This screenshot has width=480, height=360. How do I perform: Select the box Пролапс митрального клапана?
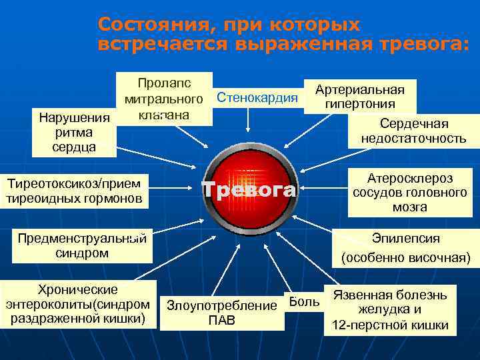pyautogui.click(x=164, y=99)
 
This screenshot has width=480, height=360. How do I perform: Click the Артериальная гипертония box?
pyautogui.click(x=360, y=97)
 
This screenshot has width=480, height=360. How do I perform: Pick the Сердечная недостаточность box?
pyautogui.click(x=413, y=131)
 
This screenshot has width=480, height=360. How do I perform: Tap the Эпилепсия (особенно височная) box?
pyautogui.click(x=405, y=247)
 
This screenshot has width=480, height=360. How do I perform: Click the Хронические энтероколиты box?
pyautogui.click(x=78, y=304)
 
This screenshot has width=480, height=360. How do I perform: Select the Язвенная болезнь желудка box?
pyautogui.click(x=390, y=310)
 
